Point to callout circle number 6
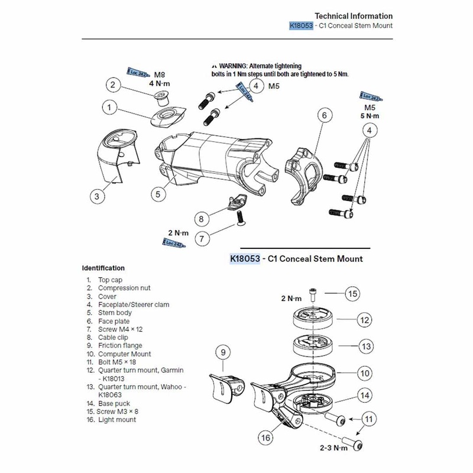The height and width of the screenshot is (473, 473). coord(324,116)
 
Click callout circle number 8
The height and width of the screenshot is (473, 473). coord(201,219)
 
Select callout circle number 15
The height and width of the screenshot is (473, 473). coord(352,294)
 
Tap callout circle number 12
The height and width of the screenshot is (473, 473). coord(365,320)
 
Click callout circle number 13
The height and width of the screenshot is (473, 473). coord(365,346)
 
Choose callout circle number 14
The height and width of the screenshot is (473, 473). coord(365,394)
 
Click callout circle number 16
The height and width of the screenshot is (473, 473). coord(265,438)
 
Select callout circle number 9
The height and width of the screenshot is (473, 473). coord(223,353)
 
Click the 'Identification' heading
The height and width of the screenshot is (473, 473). coord(103,268)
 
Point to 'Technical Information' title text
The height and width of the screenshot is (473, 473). coord(354,16)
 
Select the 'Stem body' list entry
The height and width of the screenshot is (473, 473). coord(115,313)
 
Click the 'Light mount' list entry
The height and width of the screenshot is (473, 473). coord(116,419)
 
